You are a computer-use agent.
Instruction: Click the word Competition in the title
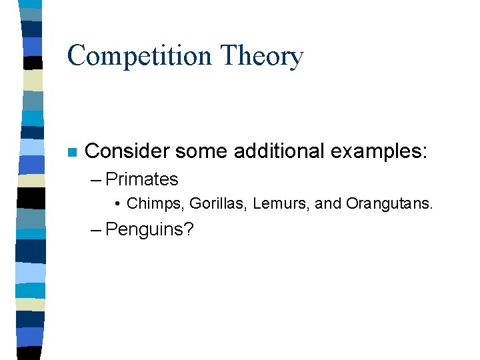click(141, 56)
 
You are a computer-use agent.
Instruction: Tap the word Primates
click(142, 179)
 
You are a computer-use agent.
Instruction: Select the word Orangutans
click(387, 203)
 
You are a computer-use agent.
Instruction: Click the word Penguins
click(145, 230)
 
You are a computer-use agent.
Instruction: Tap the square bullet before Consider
click(72, 152)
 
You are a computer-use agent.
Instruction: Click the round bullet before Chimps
click(117, 203)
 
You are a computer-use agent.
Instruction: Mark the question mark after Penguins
click(189, 230)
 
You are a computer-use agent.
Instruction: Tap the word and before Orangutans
click(327, 203)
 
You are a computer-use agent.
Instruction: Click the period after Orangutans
click(431, 207)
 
